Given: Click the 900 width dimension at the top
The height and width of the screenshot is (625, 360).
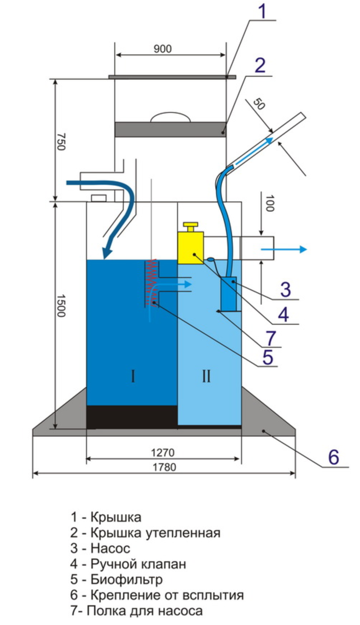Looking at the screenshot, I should point(163,49).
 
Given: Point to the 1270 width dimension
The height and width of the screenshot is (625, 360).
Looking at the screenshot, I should point(163,452).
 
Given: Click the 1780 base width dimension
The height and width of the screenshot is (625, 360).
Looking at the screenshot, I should point(164,467).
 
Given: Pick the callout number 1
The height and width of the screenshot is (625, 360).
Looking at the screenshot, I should point(263,12).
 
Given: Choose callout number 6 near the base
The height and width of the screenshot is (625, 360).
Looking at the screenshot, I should point(333,457).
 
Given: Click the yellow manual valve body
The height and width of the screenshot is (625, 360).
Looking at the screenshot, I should point(190,248).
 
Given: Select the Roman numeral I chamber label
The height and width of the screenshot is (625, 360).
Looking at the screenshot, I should point(133,377).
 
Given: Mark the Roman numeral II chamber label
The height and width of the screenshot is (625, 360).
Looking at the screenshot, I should point(206,377).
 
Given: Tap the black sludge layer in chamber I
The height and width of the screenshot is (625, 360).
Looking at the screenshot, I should point(132,417).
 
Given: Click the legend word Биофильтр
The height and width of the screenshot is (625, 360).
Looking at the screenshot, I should point(126,579).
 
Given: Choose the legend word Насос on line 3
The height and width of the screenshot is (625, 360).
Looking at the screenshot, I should point(110,548).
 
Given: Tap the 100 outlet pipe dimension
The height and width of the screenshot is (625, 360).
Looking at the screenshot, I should point(270,203).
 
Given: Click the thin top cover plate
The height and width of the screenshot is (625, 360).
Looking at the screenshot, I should point(172,77).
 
